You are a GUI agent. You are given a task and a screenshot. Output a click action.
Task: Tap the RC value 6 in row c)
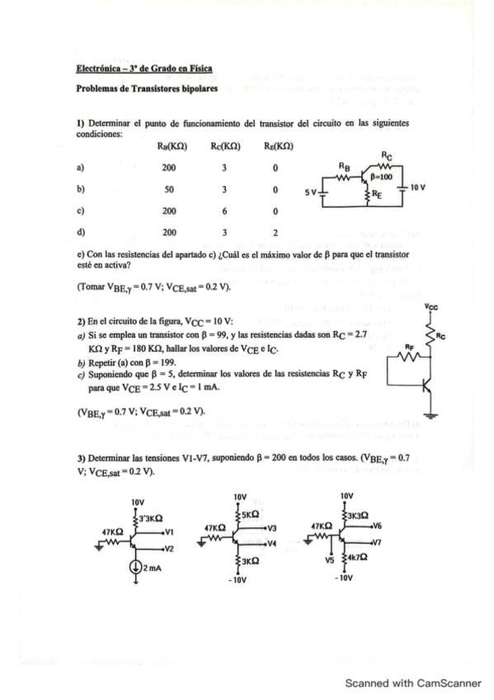tap(224, 210)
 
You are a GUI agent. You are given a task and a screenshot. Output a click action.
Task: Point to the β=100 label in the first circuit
tap(381, 177)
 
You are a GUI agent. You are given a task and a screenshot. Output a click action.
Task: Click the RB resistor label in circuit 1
tap(346, 166)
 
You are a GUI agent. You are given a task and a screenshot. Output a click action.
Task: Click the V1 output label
tap(169, 532)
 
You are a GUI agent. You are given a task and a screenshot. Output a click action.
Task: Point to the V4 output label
tap(271, 543)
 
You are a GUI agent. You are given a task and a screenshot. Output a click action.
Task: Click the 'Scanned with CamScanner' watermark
tap(412, 683)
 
